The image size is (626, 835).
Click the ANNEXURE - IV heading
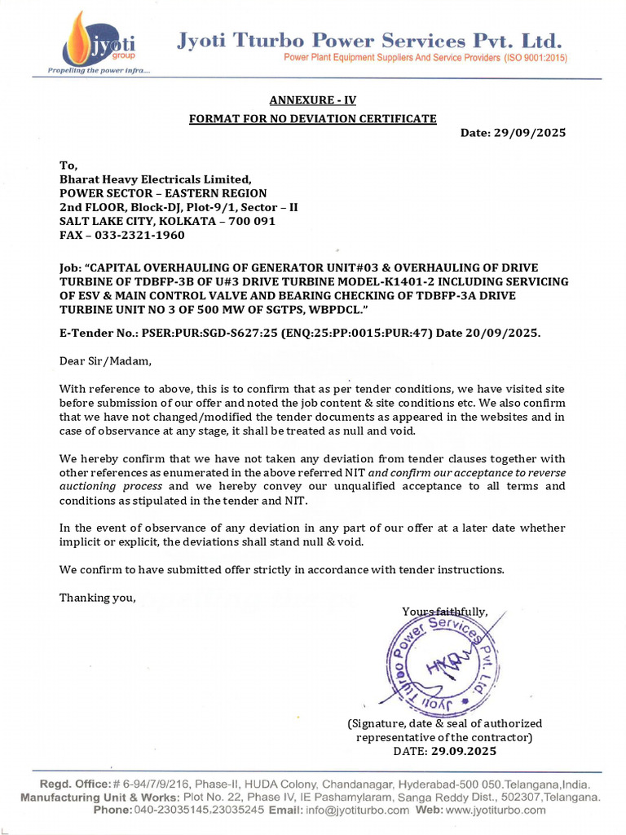click(x=313, y=100)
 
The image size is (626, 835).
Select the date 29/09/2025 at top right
click(x=530, y=133)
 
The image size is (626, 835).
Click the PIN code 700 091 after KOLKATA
click(x=250, y=221)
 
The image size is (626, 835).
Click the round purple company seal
click(x=440, y=662)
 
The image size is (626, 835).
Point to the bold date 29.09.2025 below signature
click(x=463, y=751)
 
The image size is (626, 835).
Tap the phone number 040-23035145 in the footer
click(x=168, y=810)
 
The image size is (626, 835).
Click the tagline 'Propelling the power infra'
click(x=98, y=70)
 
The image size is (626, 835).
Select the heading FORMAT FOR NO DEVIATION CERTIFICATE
click(x=313, y=118)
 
